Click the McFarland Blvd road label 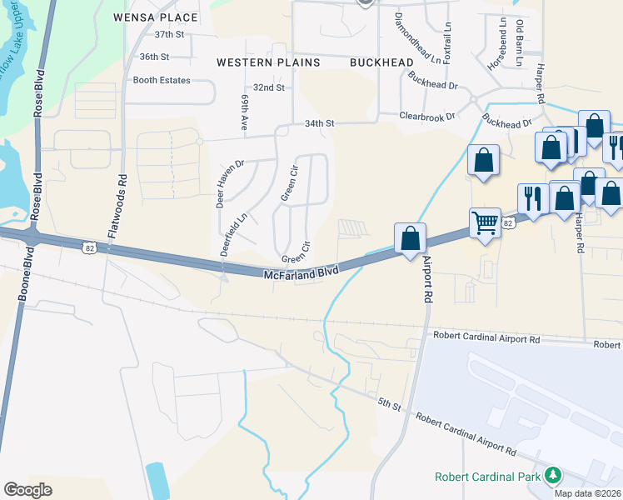(302, 273)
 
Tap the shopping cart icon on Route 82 (485, 222)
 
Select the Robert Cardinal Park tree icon (551, 476)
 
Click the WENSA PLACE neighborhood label (157, 17)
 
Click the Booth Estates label (162, 81)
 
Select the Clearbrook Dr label (427, 117)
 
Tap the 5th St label (390, 404)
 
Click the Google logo (28, 490)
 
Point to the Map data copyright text (587, 493)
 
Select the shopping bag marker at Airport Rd (410, 238)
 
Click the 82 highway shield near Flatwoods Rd (89, 247)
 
